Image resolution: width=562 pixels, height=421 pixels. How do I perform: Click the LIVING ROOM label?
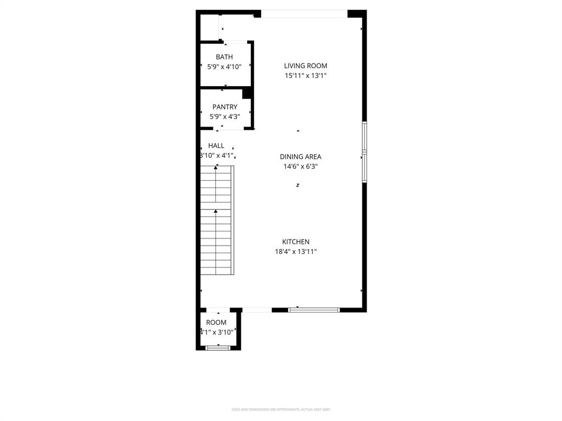[x=305, y=66]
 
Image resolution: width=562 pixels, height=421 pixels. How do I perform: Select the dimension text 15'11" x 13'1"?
[x=305, y=76]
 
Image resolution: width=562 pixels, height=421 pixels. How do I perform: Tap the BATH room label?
[x=224, y=57]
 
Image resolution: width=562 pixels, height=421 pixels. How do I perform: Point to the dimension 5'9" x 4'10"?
[x=224, y=67]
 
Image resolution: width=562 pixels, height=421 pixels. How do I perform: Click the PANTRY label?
[x=224, y=107]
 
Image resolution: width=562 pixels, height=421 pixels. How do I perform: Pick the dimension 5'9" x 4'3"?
[x=224, y=117]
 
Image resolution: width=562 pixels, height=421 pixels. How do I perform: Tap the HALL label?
[x=216, y=146]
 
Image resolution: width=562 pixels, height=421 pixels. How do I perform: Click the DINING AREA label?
[x=300, y=157]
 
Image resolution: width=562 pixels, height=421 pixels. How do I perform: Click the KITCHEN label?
[x=296, y=242]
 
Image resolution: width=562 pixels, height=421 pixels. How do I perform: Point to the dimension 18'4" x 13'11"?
[x=296, y=252]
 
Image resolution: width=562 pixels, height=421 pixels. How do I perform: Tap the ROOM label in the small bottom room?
[x=216, y=322]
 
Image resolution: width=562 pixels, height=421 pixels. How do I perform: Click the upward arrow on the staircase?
[x=216, y=211]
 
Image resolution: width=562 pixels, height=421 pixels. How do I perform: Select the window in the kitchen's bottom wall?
[x=314, y=310]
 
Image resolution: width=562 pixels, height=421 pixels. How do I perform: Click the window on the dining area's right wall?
[x=364, y=152]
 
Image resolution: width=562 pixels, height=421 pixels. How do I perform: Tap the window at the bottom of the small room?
[x=218, y=348]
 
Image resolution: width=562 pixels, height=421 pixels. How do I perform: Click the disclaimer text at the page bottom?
[x=281, y=409]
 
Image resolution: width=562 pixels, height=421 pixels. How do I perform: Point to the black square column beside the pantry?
[x=247, y=93]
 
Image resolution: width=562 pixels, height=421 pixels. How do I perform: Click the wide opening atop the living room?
[x=304, y=14]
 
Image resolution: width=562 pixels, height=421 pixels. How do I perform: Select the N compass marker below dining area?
[x=298, y=185]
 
